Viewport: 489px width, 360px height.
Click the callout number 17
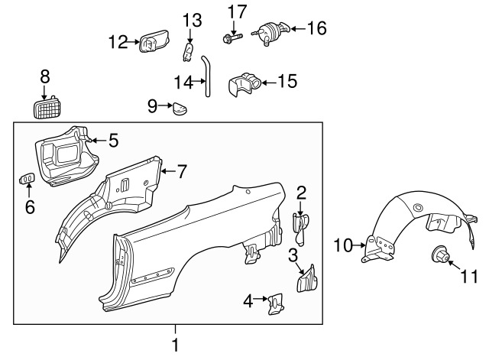tap(237, 12)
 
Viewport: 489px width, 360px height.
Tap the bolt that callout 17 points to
tap(232, 39)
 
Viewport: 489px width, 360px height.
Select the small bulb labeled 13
tap(188, 52)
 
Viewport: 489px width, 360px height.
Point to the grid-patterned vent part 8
tap(47, 107)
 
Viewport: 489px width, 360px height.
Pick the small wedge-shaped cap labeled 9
tap(180, 109)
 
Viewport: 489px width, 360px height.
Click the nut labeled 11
tap(440, 254)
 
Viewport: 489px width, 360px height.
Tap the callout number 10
tap(343, 245)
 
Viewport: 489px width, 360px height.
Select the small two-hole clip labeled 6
tap(28, 178)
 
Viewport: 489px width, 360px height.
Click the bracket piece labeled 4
tap(276, 303)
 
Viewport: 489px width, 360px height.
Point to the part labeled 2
tap(300, 229)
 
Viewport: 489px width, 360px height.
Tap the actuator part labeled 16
tap(270, 33)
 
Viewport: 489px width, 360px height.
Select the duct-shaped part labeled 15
tap(245, 84)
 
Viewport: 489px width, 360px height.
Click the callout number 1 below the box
tap(176, 345)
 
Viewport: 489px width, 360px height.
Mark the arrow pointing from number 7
tap(168, 171)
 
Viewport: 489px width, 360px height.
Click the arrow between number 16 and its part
tap(298, 29)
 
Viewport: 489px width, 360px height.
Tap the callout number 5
tap(114, 141)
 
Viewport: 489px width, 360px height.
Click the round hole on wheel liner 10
tap(417, 208)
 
